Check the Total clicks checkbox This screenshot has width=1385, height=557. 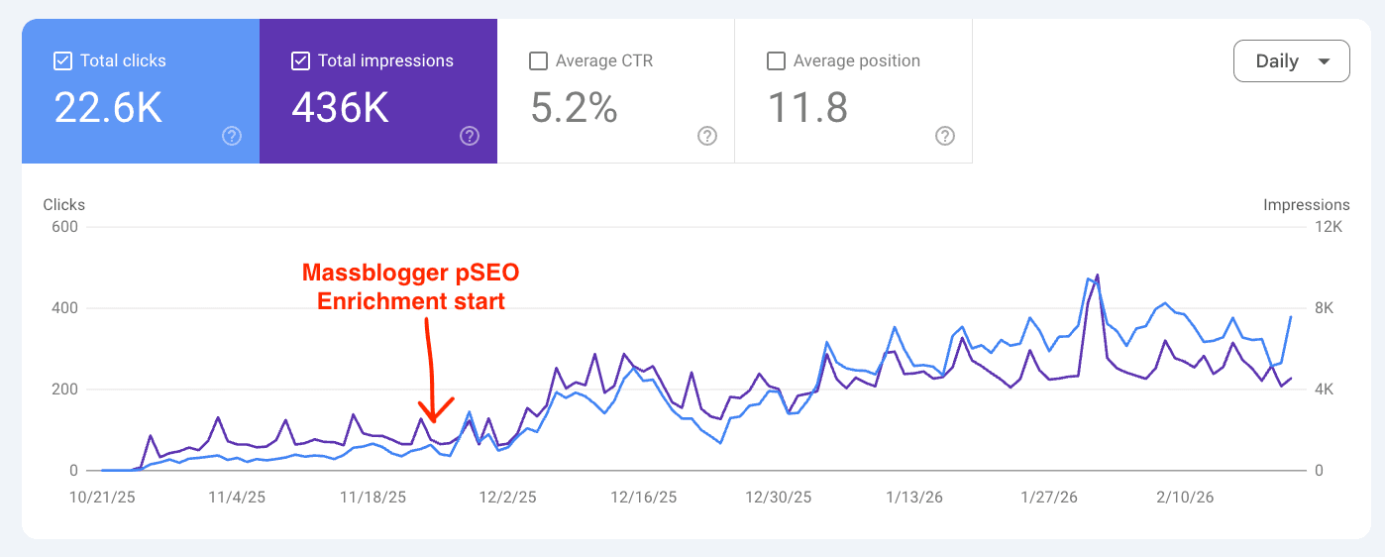click(x=62, y=61)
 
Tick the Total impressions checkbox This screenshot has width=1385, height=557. click(x=300, y=61)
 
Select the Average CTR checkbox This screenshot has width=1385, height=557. click(x=538, y=61)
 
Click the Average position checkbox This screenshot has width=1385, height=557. click(x=776, y=61)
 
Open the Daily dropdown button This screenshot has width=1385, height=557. click(x=1291, y=60)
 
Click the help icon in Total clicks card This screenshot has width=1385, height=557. click(x=232, y=136)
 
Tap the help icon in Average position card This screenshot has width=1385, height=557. click(x=945, y=136)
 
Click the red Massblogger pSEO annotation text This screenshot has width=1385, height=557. click(x=410, y=286)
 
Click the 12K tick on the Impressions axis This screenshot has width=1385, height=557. click(x=1327, y=227)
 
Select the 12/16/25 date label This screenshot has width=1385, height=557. click(x=644, y=497)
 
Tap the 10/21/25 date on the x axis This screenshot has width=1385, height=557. click(x=101, y=497)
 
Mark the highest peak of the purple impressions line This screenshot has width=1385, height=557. click(x=1098, y=275)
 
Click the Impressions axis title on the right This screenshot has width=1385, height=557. click(x=1306, y=205)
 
